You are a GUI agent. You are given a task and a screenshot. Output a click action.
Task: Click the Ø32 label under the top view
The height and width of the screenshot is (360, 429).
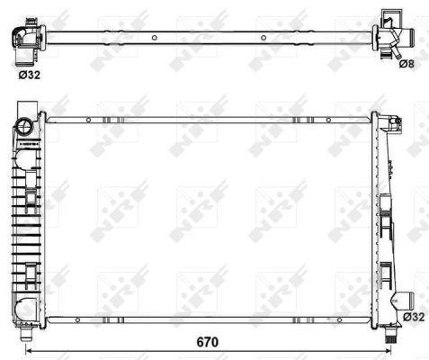click(x=29, y=76)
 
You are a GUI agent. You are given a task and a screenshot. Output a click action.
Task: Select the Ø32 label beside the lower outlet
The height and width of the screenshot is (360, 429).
click(x=413, y=317)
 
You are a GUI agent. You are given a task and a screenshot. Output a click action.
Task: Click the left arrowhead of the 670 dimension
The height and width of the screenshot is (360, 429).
click(x=27, y=349)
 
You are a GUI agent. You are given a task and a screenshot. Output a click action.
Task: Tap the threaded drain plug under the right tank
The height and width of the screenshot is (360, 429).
click(x=393, y=336)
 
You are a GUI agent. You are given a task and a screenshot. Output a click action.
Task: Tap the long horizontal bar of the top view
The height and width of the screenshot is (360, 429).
click(x=207, y=38)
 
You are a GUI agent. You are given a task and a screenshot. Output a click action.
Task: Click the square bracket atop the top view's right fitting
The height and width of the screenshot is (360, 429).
click(x=389, y=16)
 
